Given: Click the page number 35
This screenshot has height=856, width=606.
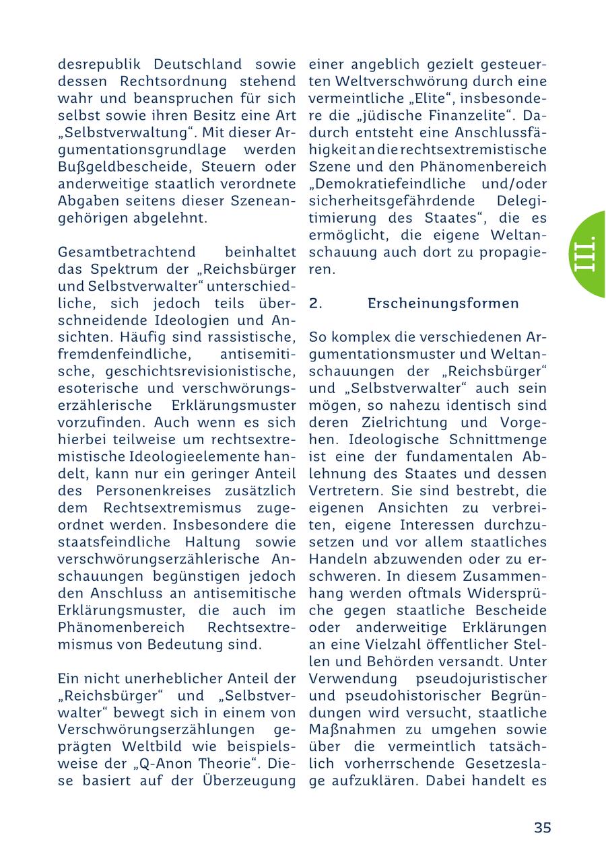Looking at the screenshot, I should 543,828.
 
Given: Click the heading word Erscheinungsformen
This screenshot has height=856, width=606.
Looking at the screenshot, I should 443,304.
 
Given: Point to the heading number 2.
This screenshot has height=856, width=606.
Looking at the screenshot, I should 316,304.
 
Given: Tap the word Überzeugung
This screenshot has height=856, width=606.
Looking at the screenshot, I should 248,781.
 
